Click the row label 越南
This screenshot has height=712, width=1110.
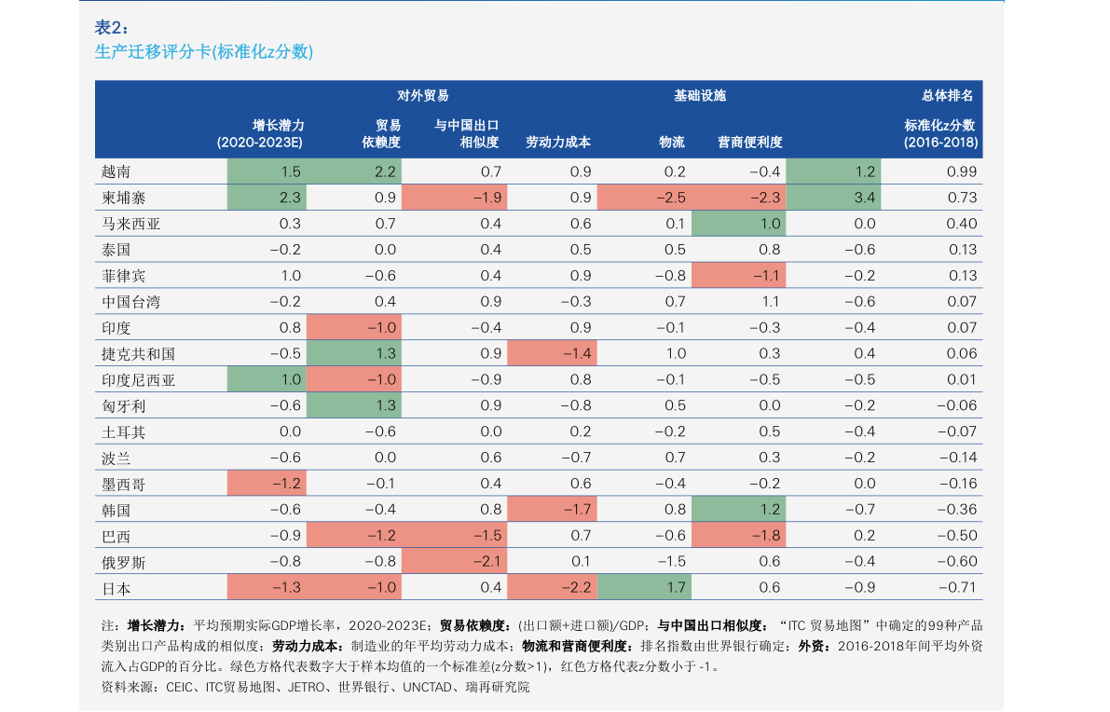[x=116, y=172]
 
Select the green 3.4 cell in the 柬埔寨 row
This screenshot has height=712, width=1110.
[x=833, y=198]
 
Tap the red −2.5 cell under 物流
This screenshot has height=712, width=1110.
[x=643, y=198]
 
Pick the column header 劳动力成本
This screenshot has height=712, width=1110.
[x=558, y=143]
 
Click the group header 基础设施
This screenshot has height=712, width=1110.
[x=699, y=96]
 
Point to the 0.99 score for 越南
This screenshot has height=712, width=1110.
[x=961, y=172]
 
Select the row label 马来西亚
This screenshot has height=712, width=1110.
[x=131, y=224]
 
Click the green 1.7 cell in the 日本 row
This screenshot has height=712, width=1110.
[x=643, y=587]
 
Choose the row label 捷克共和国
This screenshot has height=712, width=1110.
[x=138, y=354]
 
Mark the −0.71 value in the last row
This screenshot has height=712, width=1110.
[x=958, y=587]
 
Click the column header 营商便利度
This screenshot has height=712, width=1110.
[x=749, y=143]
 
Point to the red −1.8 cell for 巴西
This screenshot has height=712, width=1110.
[x=738, y=536]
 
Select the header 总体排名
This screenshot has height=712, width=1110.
[x=947, y=96]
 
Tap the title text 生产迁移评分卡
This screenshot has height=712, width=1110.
[x=153, y=51]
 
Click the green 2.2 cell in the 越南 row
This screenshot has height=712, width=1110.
[x=354, y=172]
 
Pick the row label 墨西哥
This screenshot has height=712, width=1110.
[x=123, y=484]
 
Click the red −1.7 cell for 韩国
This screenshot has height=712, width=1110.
[x=552, y=510]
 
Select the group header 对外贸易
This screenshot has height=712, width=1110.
[x=422, y=96]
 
